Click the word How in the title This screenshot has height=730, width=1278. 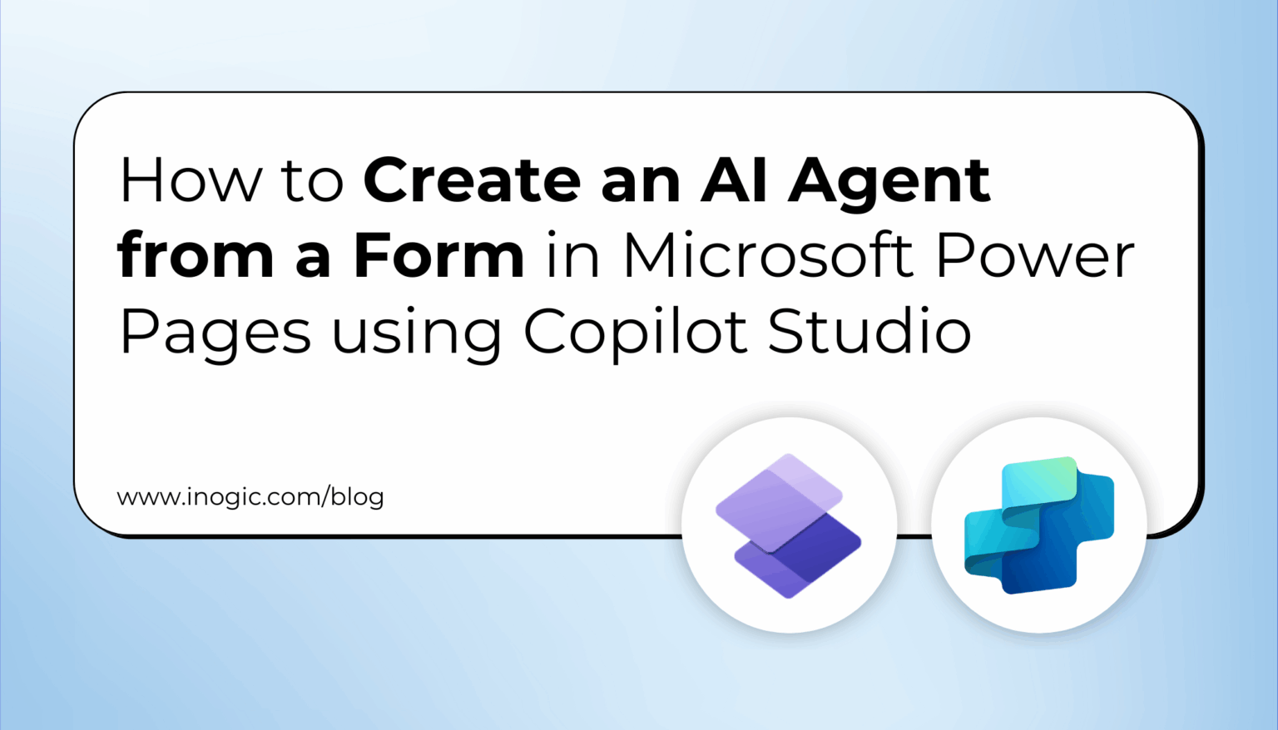coord(191,180)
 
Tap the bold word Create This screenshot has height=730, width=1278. coord(472,180)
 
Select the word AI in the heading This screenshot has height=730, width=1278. coord(733,180)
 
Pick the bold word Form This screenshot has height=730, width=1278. coord(438,256)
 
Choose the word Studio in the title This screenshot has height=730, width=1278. coord(869,331)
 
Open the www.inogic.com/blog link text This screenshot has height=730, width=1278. coord(250,497)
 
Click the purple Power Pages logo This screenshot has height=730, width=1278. coord(788,525)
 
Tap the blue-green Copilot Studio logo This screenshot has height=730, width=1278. coord(1038,525)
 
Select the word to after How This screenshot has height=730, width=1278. coord(313,182)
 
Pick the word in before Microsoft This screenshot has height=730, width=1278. coord(573,255)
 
